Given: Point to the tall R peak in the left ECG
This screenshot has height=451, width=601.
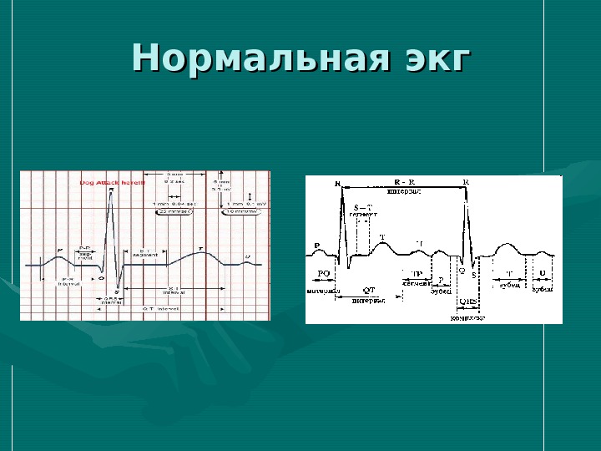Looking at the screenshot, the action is (111, 194).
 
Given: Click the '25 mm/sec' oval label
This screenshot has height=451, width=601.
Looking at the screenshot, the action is (174, 211).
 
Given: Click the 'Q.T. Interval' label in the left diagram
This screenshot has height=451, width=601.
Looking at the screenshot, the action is (157, 309).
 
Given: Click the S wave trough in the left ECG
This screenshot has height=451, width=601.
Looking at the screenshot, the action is (117, 289).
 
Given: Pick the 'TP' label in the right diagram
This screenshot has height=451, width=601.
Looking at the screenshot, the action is (415, 274).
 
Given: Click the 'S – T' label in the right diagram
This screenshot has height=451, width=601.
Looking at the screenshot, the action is (362, 207).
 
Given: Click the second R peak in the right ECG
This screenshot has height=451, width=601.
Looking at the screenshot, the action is (466, 190).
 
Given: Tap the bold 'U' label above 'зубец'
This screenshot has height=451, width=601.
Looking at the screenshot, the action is (543, 273).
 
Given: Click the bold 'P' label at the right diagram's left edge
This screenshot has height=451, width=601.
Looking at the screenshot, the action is (317, 246).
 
